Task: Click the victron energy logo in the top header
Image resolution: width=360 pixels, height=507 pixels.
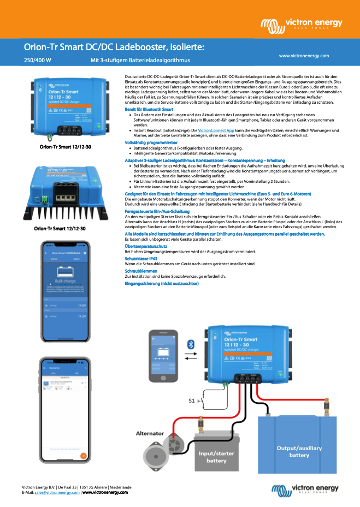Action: tap(301, 24)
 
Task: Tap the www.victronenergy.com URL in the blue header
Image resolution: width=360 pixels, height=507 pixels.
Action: tap(304, 56)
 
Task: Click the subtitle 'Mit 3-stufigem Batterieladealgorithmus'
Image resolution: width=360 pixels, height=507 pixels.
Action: tap(140, 59)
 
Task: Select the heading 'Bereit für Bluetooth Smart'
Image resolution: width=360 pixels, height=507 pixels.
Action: tap(150, 110)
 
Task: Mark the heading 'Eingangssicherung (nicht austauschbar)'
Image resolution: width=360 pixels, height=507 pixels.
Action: tap(161, 283)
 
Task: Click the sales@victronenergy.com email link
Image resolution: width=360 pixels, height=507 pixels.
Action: tap(57, 492)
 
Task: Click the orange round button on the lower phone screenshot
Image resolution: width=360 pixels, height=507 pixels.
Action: tap(83, 455)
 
